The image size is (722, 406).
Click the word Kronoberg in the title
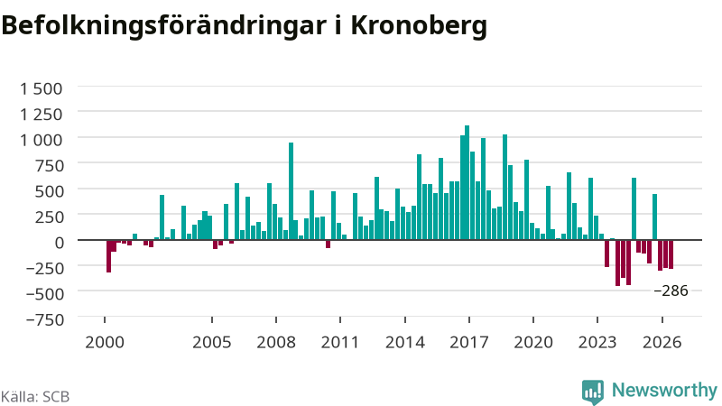[419, 26]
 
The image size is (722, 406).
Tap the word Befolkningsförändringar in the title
[163, 26]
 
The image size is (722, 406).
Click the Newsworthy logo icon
[593, 392]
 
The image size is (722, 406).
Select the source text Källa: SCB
[35, 396]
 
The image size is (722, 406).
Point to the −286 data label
[671, 291]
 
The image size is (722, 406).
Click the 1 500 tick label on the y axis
[41, 88]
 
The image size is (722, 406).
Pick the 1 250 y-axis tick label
[41, 114]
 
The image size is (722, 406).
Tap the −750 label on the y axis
[45, 319]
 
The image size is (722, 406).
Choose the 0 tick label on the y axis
[59, 242]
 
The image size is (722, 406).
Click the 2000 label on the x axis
[105, 342]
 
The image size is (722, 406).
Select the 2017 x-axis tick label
[468, 342]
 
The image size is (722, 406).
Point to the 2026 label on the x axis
[662, 342]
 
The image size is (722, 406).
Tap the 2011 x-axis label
[340, 342]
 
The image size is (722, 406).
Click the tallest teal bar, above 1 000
[467, 182]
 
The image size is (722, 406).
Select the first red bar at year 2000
[108, 256]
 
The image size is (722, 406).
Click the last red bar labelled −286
[671, 254]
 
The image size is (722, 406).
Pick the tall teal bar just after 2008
[291, 191]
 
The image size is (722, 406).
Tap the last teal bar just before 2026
[655, 217]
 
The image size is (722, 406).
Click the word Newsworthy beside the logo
[664, 390]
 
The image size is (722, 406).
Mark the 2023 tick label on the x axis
[597, 342]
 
